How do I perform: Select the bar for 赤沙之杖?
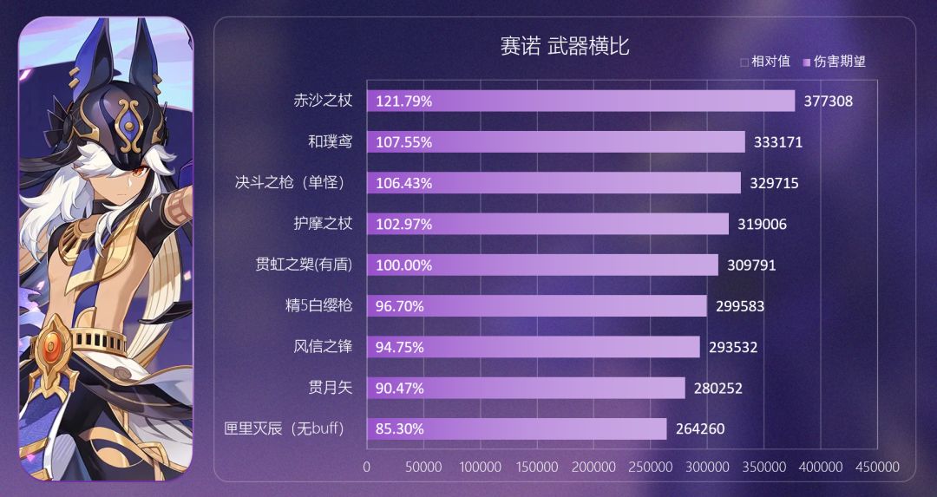click(x=580, y=101)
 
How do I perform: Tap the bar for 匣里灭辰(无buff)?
click(x=516, y=428)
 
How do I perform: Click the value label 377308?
click(x=828, y=101)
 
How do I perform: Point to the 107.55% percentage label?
click(x=404, y=142)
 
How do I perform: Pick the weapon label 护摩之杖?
click(x=323, y=224)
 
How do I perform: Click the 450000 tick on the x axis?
click(x=877, y=468)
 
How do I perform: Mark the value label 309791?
click(x=751, y=265)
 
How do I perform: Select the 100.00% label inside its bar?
click(x=404, y=265)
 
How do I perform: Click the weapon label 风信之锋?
click(x=323, y=347)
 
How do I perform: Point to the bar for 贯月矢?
click(x=526, y=388)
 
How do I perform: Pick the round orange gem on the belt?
click(x=52, y=344)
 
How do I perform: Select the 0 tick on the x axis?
click(x=366, y=468)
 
